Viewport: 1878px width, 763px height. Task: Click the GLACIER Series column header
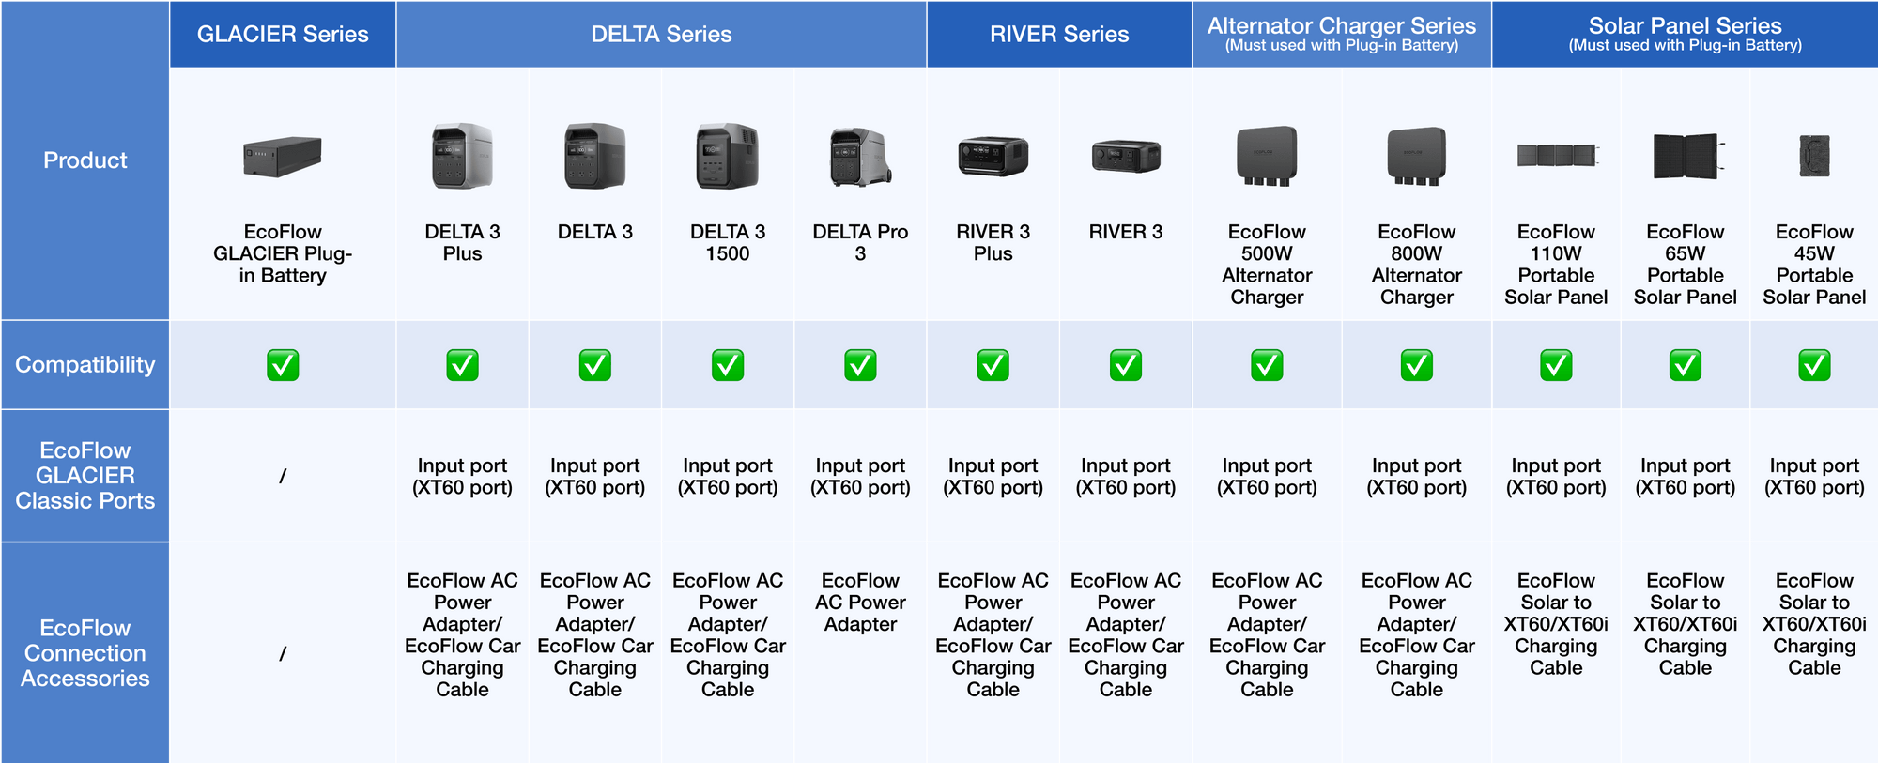click(283, 34)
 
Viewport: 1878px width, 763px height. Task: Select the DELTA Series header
click(661, 34)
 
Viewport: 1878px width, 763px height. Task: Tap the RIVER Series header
click(1059, 34)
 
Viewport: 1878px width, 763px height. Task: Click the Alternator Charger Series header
click(1342, 33)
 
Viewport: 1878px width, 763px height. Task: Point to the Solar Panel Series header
click(1686, 33)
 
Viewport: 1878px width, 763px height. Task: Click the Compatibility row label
click(85, 364)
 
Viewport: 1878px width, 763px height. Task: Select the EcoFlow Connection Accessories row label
click(85, 653)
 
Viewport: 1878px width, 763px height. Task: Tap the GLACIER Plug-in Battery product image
click(283, 157)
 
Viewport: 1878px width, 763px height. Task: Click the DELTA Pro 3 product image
click(860, 157)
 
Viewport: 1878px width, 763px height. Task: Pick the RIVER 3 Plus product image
click(993, 156)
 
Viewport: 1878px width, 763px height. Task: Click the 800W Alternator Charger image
click(1417, 156)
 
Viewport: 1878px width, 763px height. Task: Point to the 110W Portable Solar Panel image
click(1557, 155)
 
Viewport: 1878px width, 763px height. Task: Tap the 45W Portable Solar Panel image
click(1814, 156)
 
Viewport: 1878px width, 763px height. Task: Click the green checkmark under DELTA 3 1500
click(728, 365)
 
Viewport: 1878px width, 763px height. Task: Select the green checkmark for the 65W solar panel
click(1686, 365)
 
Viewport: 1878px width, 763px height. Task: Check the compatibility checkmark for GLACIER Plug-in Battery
click(283, 365)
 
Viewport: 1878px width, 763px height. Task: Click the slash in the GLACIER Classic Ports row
click(283, 477)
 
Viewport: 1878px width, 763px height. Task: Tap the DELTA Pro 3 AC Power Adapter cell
click(860, 603)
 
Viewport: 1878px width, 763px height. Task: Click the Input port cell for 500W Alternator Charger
click(1267, 477)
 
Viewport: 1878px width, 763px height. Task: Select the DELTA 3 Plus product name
click(462, 243)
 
